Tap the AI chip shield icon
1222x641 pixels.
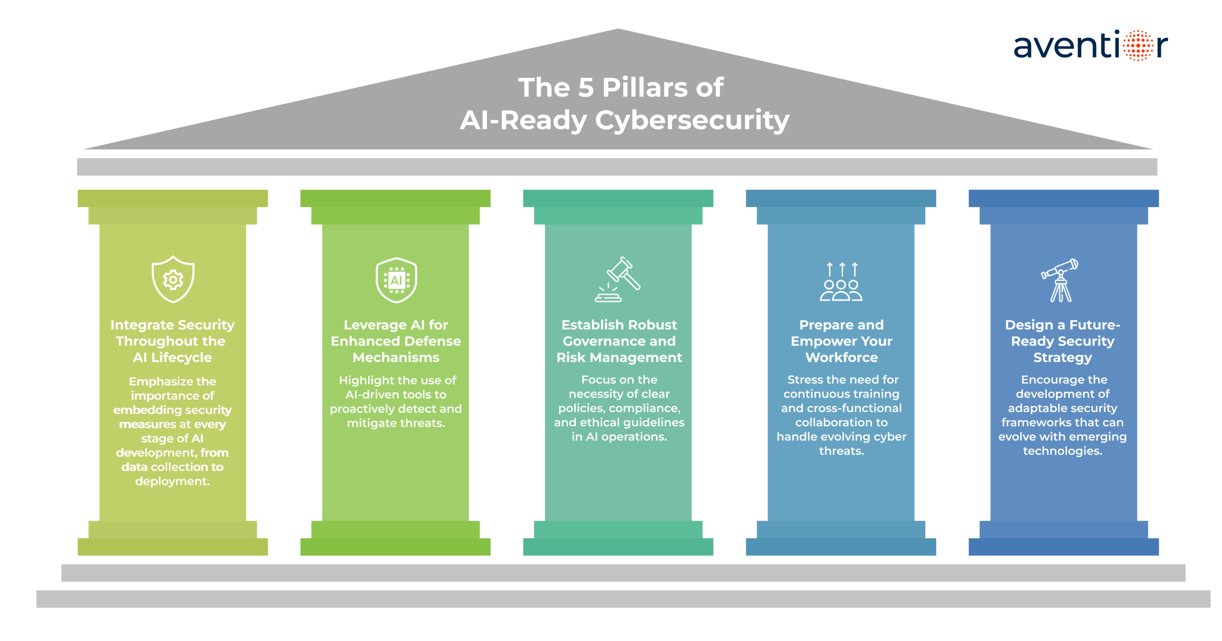coord(396,280)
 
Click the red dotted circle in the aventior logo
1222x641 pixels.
coord(1138,46)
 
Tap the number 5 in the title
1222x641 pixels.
coord(587,88)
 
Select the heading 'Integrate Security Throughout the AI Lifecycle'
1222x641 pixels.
coord(172,341)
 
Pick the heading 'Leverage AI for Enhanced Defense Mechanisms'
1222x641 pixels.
coord(396,341)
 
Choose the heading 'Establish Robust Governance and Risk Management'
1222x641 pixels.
coord(619,341)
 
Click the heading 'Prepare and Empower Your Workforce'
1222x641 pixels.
coord(841,341)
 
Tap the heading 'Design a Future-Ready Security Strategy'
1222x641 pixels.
coord(1063,341)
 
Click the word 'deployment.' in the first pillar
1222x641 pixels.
coord(172,481)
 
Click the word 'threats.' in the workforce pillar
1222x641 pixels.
coord(841,451)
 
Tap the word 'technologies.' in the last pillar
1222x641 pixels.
coord(1063,451)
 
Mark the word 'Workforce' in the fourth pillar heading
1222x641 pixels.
coord(841,357)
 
